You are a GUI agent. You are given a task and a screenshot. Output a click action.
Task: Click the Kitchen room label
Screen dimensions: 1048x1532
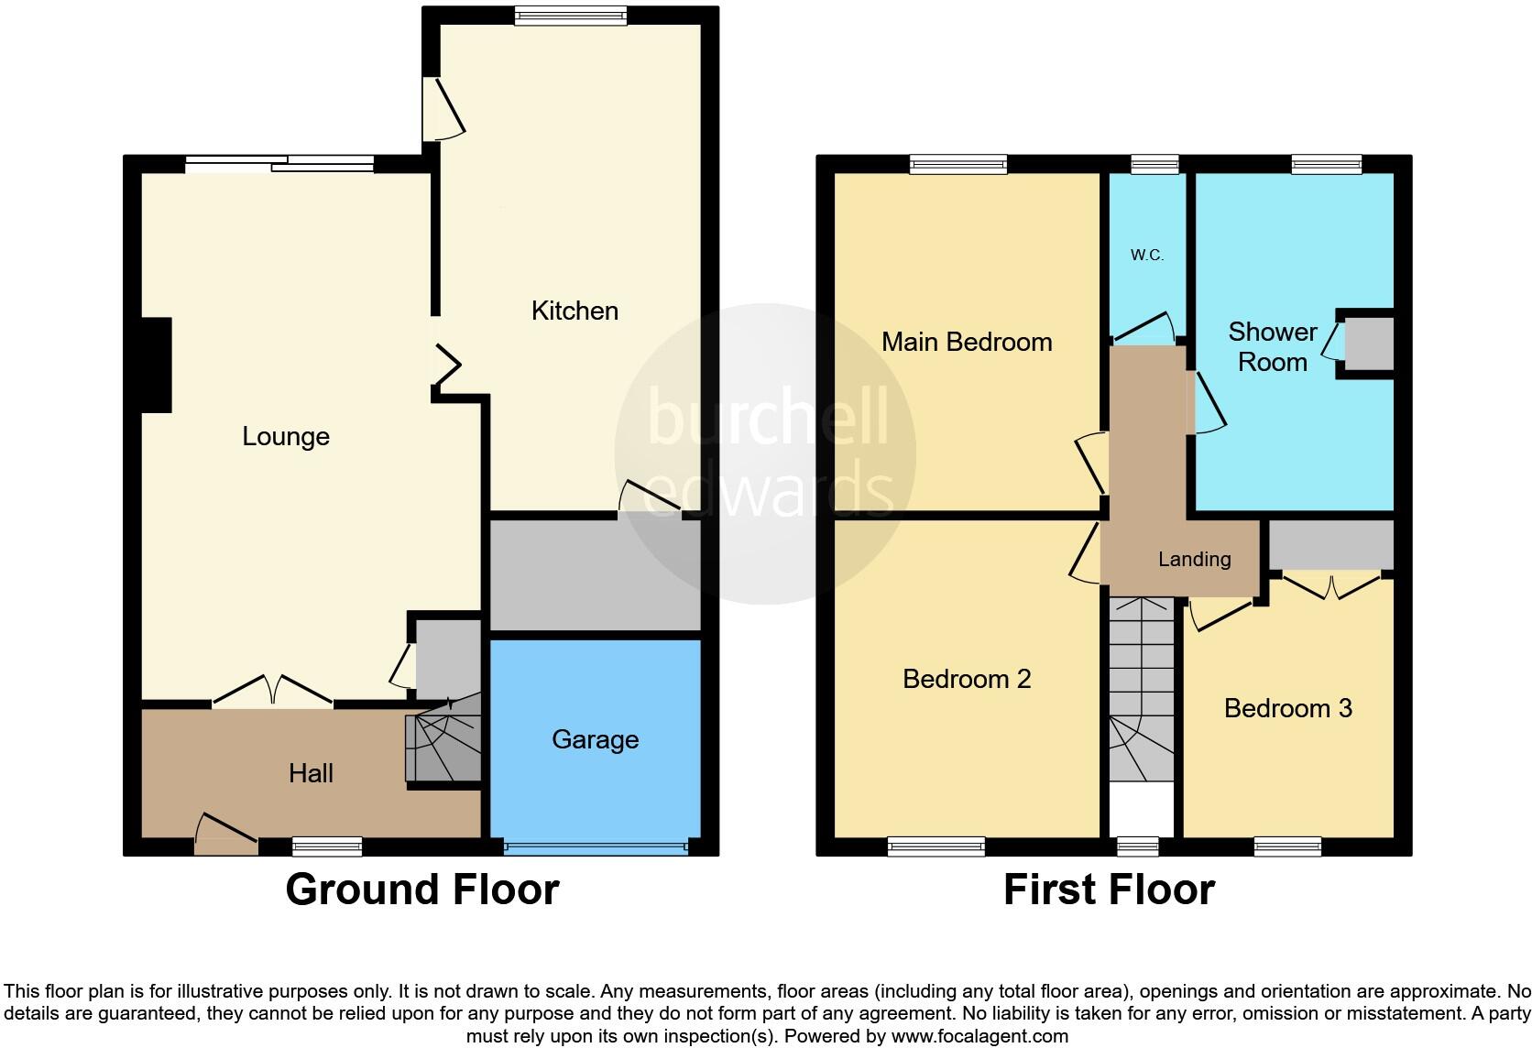point(574,311)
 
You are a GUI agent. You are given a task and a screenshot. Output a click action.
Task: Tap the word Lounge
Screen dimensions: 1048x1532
point(285,436)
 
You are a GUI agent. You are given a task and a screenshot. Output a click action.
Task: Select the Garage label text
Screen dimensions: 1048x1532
point(595,739)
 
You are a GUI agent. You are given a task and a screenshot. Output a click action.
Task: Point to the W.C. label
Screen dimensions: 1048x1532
point(1146,256)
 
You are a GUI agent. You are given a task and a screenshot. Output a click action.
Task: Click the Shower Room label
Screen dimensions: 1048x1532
point(1272,346)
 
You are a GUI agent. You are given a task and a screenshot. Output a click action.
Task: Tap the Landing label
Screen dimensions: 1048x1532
point(1194,559)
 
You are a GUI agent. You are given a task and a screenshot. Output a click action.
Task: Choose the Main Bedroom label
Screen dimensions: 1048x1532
point(966,342)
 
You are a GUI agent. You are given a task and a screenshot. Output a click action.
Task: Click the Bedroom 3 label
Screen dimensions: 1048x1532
point(1287,708)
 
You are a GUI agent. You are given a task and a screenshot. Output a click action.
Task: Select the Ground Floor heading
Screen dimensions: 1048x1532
point(421,890)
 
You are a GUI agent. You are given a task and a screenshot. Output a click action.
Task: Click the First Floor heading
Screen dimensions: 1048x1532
point(1109,890)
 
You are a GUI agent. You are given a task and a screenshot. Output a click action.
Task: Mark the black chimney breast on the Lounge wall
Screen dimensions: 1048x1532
point(156,365)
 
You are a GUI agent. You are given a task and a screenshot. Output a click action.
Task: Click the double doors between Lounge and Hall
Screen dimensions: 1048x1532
point(272,692)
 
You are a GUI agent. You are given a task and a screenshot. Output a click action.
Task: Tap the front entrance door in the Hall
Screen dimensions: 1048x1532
point(225,833)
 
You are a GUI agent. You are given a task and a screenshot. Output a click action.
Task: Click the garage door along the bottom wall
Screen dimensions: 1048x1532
point(595,847)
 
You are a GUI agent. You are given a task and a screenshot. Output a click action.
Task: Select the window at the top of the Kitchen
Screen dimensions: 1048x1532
point(570,16)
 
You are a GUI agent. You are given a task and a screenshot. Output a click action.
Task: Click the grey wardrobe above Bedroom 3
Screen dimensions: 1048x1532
point(1330,544)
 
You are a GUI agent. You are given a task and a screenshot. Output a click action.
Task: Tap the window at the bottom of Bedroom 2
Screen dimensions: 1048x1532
point(936,846)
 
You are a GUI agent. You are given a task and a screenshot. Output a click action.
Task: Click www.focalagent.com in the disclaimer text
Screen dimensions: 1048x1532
point(979,1036)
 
